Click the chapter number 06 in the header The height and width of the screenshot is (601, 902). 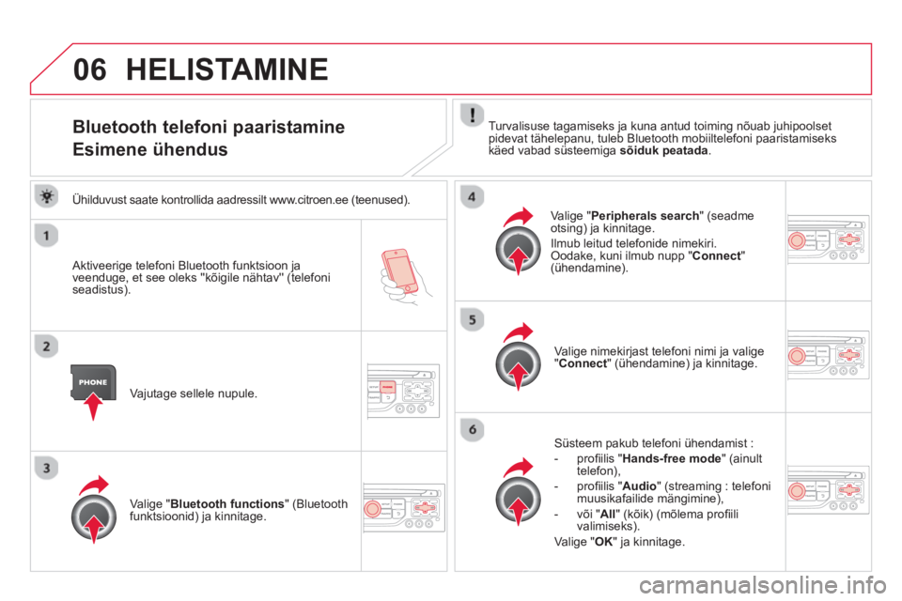(x=90, y=69)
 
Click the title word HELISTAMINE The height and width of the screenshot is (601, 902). (x=226, y=69)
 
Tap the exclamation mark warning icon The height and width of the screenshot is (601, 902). (x=472, y=116)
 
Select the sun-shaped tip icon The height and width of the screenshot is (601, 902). (x=47, y=196)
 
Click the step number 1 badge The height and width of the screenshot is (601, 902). (x=47, y=236)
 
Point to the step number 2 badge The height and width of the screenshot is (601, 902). (x=47, y=347)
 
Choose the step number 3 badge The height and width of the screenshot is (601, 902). (x=47, y=469)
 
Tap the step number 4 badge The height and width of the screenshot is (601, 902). (x=472, y=197)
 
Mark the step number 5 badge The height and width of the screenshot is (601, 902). (x=472, y=320)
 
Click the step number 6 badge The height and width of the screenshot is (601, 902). (x=472, y=429)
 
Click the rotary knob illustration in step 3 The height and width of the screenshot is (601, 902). (x=94, y=516)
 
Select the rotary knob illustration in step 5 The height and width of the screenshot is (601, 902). (x=518, y=362)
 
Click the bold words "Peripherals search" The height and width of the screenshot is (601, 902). (x=645, y=216)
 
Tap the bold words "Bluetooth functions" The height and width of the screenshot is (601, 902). (x=227, y=503)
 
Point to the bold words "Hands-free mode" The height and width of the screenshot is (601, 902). (x=671, y=458)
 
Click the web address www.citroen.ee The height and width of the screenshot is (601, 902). (x=309, y=200)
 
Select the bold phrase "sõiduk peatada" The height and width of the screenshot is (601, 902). (x=664, y=150)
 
